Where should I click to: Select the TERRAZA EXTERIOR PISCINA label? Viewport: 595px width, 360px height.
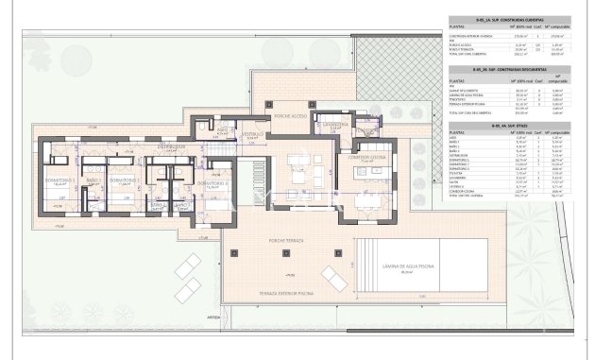pos(283,294)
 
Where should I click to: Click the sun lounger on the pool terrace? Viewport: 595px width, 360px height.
pos(332,276)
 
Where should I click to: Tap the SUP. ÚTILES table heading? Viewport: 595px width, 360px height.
pos(511,127)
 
